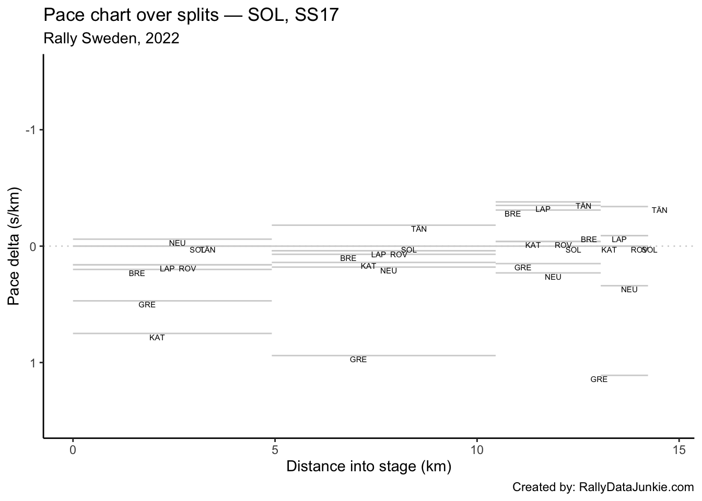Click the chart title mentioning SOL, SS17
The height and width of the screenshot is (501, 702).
191,15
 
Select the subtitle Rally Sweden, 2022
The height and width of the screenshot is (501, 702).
111,38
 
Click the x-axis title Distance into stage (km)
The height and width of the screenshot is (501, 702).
368,466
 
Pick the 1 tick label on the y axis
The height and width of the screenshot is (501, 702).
32,363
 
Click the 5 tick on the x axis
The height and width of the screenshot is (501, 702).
275,449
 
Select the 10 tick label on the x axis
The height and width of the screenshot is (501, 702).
476,449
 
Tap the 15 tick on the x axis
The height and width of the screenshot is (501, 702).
678,449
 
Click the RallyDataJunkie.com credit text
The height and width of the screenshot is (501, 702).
603,487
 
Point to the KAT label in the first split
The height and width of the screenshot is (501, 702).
157,338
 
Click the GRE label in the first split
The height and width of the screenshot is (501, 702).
147,305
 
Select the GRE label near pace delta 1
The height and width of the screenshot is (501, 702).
358,360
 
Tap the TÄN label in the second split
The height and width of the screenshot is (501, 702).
419,229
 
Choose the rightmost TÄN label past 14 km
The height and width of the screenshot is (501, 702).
659,210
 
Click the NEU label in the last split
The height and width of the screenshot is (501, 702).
629,290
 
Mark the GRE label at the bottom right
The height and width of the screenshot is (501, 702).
599,379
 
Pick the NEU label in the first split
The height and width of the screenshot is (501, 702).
177,243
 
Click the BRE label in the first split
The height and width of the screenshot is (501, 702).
137,273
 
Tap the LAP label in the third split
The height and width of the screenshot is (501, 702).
543,209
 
